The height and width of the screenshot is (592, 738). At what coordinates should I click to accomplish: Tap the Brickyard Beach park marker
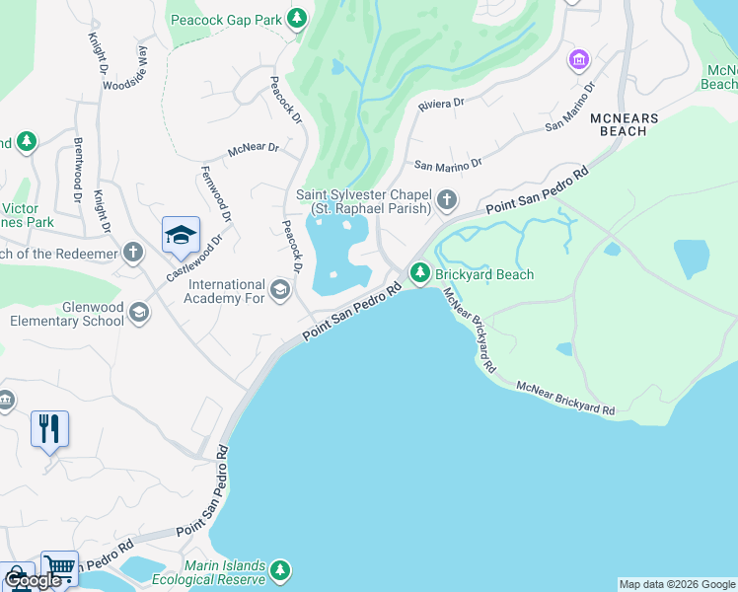pyautogui.click(x=420, y=271)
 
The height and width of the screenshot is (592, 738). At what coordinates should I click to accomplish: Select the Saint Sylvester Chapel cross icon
pyautogui.click(x=447, y=201)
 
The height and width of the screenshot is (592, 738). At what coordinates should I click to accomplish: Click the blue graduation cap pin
pyautogui.click(x=181, y=236)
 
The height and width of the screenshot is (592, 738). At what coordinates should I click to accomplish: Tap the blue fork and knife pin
pyautogui.click(x=49, y=429)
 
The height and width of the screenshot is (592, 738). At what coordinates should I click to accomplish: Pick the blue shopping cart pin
pyautogui.click(x=59, y=567)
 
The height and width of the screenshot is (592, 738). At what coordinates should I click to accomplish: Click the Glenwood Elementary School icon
pyautogui.click(x=139, y=313)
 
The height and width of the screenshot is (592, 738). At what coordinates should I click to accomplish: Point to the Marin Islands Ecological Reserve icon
pyautogui.click(x=281, y=570)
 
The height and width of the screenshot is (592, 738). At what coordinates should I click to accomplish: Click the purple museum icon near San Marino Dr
pyautogui.click(x=578, y=61)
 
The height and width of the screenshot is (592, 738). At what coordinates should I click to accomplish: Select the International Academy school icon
pyautogui.click(x=280, y=289)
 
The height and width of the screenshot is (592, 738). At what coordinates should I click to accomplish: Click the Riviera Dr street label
pyautogui.click(x=442, y=103)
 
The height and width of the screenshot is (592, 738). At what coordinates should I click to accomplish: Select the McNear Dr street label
pyautogui.click(x=254, y=150)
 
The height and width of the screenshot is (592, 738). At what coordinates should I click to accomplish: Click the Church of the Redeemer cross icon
pyautogui.click(x=133, y=252)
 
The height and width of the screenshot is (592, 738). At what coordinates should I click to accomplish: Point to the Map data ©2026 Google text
pyautogui.click(x=677, y=584)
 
